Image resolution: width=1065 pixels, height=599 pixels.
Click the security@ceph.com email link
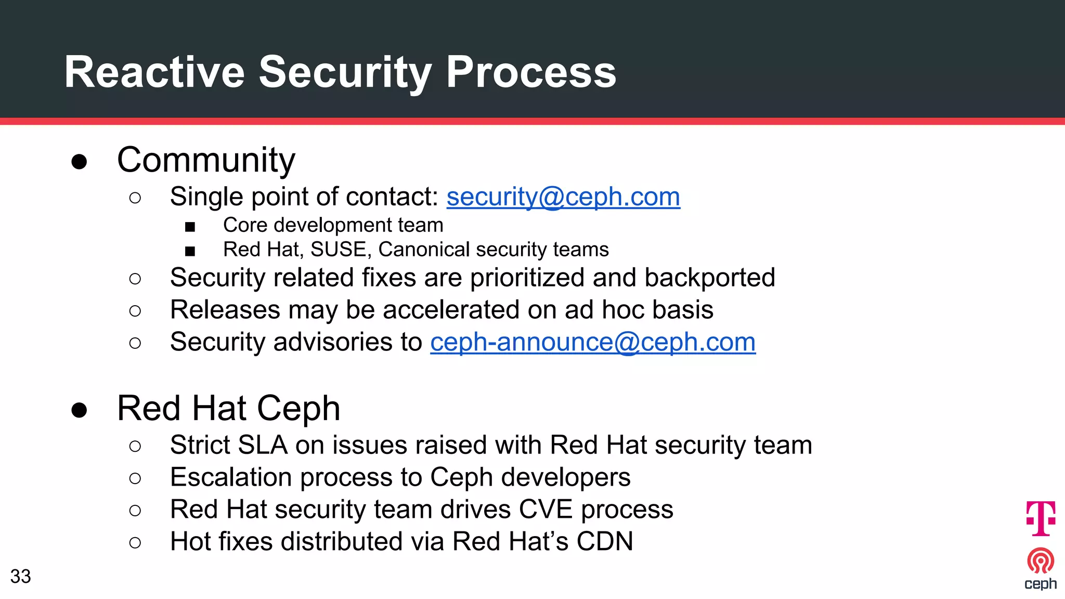click(563, 197)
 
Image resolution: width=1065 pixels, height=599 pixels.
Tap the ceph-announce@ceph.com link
click(593, 342)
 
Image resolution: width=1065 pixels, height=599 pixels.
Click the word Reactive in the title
click(154, 72)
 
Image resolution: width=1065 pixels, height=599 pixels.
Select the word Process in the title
click(531, 72)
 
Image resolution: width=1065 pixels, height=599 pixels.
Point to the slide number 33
click(21, 576)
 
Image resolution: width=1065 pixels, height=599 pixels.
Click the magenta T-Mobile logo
click(1041, 518)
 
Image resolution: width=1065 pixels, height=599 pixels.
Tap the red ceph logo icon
click(1041, 561)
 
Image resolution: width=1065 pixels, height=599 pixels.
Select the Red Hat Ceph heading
click(229, 408)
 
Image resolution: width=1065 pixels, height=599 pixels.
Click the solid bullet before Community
click(79, 162)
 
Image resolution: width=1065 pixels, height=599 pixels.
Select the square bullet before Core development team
click(190, 227)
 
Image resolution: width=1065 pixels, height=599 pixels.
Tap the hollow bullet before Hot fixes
click(135, 543)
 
